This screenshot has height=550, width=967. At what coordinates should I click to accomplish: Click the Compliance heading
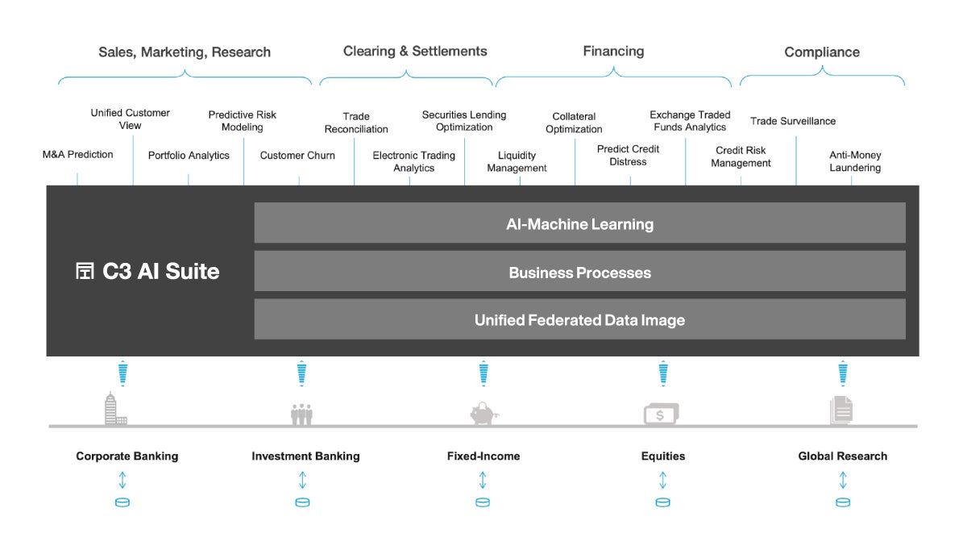coord(822,52)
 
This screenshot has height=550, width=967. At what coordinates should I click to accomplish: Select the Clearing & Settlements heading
coord(415,51)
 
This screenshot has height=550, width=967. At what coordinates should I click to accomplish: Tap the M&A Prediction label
coord(77,154)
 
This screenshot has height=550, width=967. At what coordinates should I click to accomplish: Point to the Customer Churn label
coord(297,155)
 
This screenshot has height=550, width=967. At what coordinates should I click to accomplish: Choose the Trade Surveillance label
coord(793,121)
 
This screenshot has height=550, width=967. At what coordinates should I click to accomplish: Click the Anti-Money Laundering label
coord(855,161)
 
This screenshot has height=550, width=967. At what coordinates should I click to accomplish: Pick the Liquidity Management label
coord(517,161)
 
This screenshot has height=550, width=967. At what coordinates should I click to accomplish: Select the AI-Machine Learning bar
coord(579,223)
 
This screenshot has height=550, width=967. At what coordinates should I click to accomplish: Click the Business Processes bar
coord(579,271)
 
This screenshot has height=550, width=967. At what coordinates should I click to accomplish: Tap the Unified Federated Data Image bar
coord(579,319)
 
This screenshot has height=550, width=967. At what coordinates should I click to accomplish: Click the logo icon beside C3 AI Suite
coord(85,271)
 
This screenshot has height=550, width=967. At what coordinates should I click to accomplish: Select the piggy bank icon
coord(484,413)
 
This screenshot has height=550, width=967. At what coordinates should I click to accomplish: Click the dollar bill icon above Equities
coord(661,414)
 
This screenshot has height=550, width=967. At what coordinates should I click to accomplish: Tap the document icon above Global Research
coord(841,410)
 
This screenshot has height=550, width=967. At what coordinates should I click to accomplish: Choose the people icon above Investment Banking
coord(301,414)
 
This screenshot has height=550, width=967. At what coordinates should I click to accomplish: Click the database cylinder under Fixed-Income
coord(483,502)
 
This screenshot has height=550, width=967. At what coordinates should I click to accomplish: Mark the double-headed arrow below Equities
coord(662,480)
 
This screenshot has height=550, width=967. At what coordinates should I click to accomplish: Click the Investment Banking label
coord(305,456)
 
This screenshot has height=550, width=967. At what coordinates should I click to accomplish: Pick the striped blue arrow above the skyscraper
coord(122,373)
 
